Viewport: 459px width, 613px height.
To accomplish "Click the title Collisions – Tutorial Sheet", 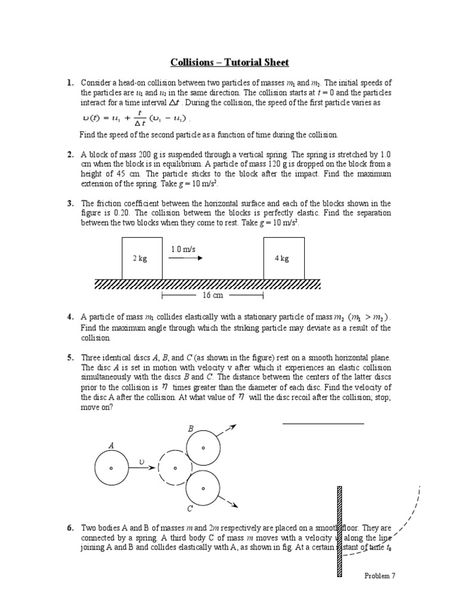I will tap(229, 62).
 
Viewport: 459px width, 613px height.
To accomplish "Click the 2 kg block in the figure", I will tap(142, 258).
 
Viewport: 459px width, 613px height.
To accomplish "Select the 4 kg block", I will tap(283, 258).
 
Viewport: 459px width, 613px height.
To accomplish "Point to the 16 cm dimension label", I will tap(212, 296).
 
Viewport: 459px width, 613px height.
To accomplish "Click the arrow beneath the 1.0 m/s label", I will tap(185, 259).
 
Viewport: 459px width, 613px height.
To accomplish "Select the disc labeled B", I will tap(203, 448).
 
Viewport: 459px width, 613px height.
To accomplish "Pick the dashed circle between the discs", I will tap(175, 468).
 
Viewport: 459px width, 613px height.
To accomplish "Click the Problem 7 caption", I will tap(380, 576).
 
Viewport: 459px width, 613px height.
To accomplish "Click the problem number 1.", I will tap(70, 83).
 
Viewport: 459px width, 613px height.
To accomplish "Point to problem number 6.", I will tap(70, 528).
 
